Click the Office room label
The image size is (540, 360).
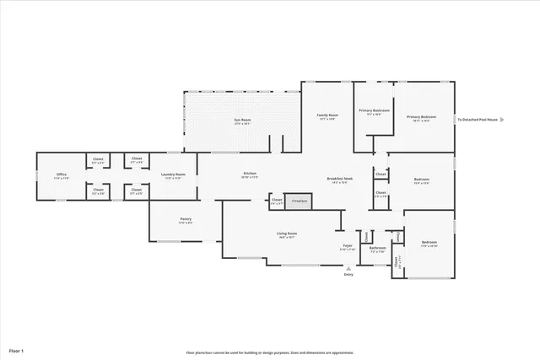[62, 175]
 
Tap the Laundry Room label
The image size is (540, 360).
[173, 175]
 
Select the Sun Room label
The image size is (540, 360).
[242, 121]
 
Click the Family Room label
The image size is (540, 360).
[327, 116]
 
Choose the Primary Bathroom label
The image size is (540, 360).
[374, 111]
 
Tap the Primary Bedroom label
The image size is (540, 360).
[421, 117]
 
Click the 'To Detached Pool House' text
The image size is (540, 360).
[477, 120]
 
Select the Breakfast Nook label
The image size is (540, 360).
[340, 179]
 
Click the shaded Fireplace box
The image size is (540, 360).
[299, 201]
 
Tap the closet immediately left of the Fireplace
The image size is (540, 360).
[277, 201]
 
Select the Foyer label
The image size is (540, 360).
[348, 247]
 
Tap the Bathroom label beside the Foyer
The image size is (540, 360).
[377, 249]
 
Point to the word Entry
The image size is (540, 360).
[348, 275]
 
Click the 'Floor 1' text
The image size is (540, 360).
[17, 350]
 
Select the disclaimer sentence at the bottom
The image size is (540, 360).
[270, 352]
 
